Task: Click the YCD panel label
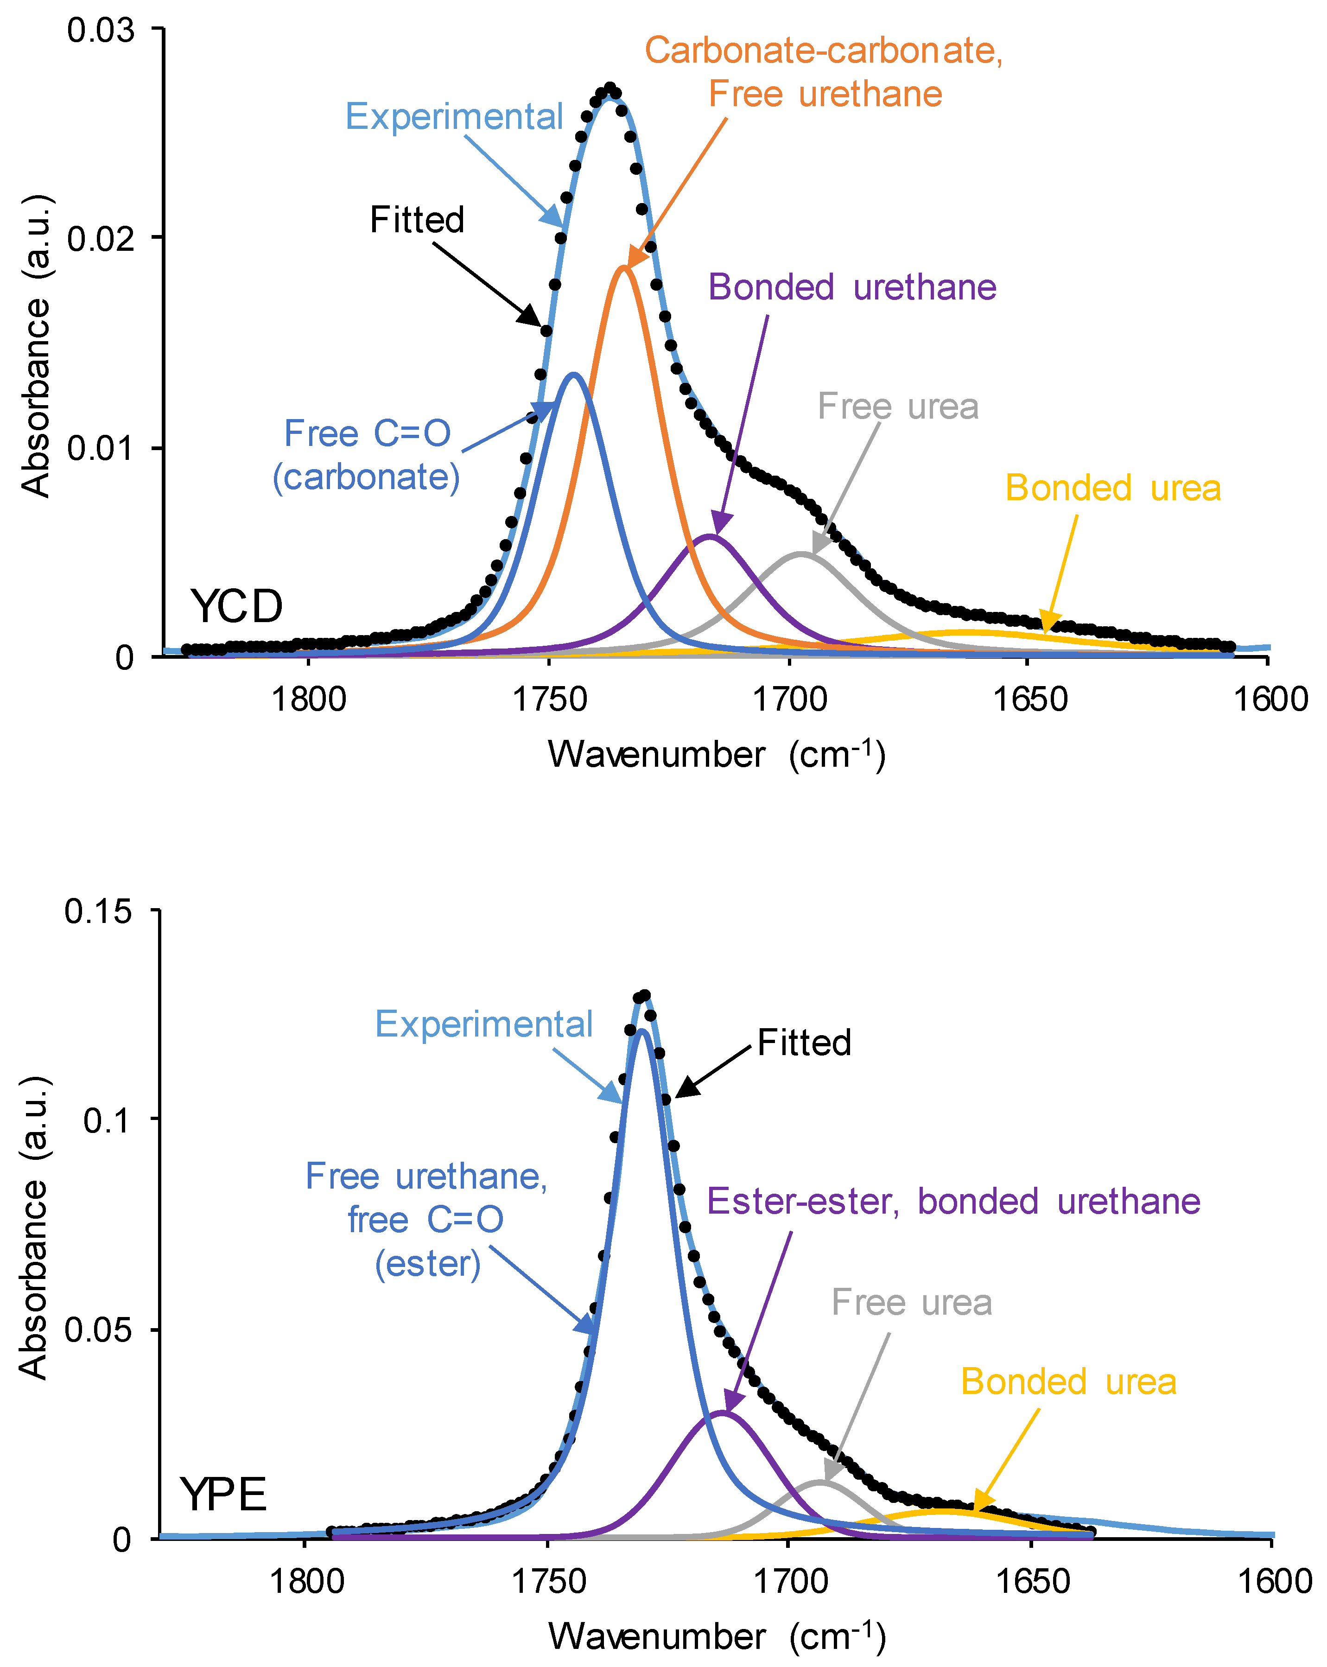[236, 606]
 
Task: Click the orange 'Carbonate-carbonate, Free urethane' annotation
[824, 72]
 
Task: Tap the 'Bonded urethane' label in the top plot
[852, 287]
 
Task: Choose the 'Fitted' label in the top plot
[417, 220]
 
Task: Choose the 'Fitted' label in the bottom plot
[804, 1042]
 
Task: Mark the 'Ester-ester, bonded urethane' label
[953, 1201]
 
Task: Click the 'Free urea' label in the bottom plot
[911, 1302]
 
